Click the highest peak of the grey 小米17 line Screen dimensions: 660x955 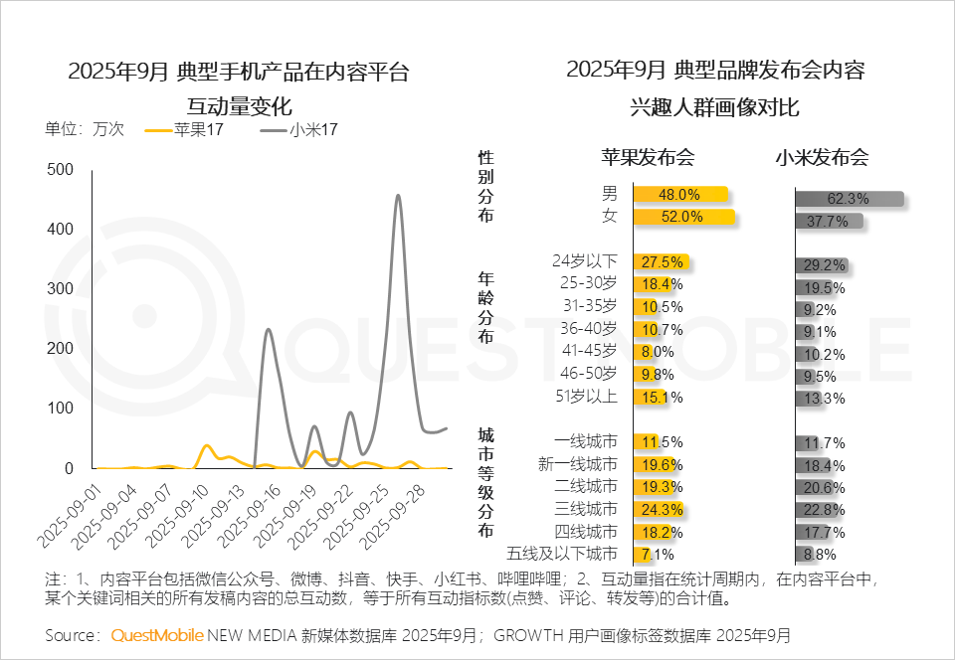pos(398,196)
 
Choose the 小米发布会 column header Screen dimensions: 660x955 pos(822,157)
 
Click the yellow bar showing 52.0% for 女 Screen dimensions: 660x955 pos(683,217)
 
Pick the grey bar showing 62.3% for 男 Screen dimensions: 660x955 pos(849,199)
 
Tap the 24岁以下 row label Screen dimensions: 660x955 pos(585,261)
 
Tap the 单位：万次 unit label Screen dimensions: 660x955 pos(85,129)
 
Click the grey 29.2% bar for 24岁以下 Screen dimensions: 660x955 pos(820,265)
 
